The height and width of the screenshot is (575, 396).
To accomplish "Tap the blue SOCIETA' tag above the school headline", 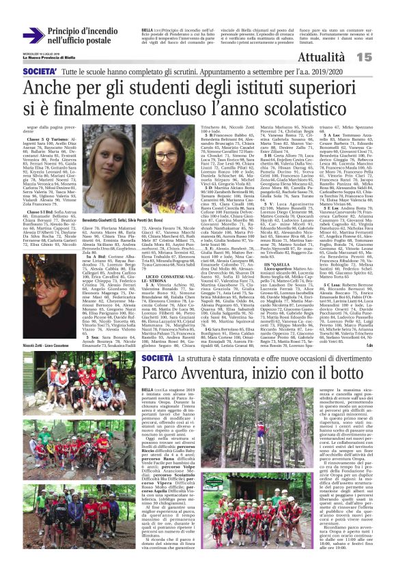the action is pyautogui.click(x=39, y=71).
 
